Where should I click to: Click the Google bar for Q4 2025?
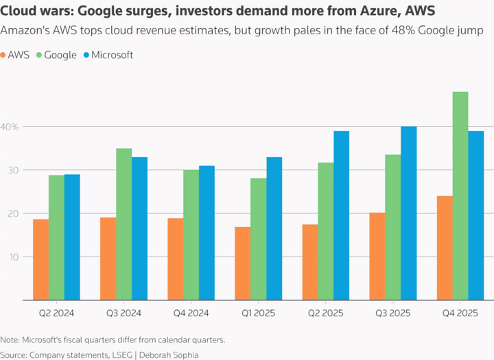(x=460, y=196)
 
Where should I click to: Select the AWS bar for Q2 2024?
(x=41, y=260)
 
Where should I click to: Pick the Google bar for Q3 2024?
(x=124, y=224)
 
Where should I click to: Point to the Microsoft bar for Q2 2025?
(x=342, y=215)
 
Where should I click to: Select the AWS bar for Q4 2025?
(x=445, y=248)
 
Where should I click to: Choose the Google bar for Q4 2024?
(x=191, y=235)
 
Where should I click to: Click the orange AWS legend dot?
(x=4, y=56)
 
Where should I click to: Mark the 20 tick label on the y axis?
(x=12, y=214)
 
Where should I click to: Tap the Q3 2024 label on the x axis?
(x=124, y=313)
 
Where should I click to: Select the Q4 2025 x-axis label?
(x=460, y=313)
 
